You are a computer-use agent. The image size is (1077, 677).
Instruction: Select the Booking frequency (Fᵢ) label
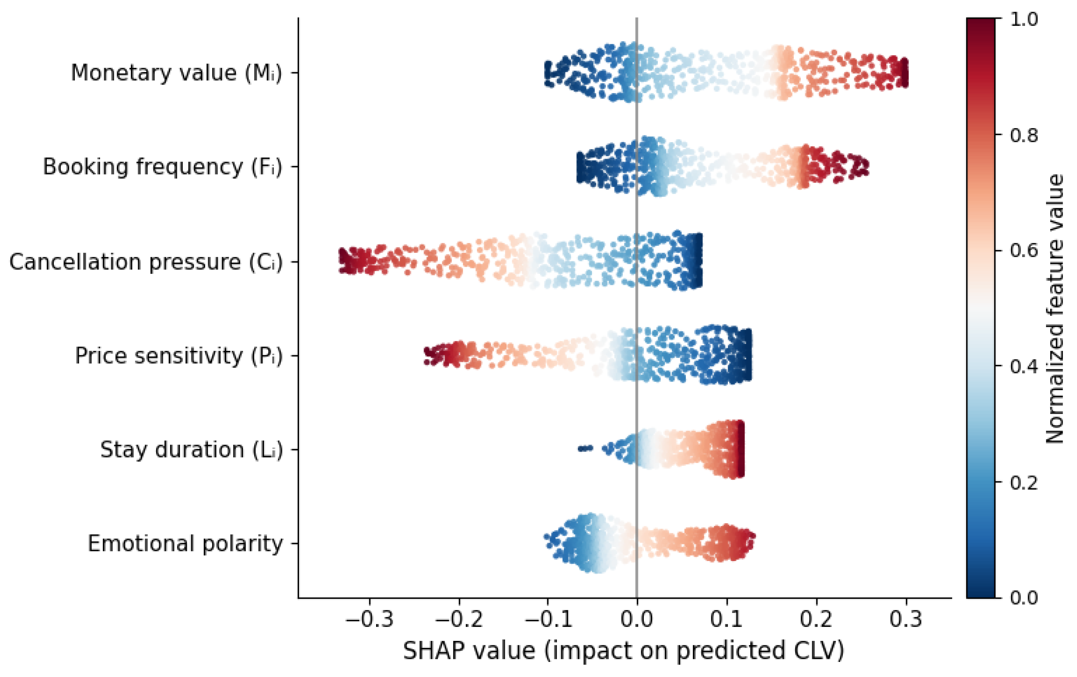[162, 167]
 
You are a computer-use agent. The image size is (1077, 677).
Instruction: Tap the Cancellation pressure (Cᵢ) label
[146, 262]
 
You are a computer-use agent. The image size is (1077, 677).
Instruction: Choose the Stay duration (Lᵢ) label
[192, 449]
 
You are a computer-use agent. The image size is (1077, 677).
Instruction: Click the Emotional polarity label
[185, 544]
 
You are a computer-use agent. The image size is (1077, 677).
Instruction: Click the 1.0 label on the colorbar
[1024, 19]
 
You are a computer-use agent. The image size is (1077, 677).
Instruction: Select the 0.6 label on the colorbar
[1024, 250]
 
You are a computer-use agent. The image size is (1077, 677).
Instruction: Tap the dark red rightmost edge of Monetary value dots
[904, 73]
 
